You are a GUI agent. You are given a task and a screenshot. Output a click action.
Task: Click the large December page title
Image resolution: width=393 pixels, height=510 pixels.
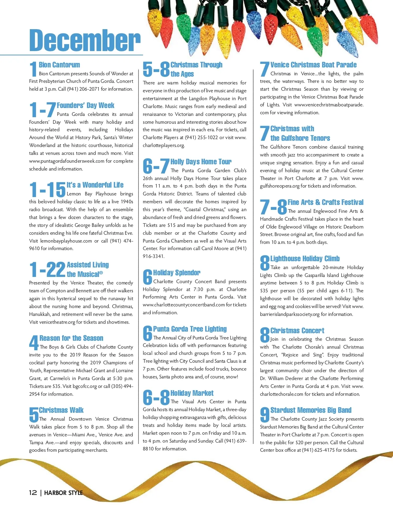pos(85,40)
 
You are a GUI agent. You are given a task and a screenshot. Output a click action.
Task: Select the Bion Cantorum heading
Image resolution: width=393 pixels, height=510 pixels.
pos(59,65)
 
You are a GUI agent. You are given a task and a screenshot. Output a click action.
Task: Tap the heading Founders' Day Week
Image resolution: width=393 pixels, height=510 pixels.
pos(85,105)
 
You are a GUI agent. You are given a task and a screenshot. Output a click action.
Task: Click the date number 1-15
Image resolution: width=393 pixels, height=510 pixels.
pos(47,190)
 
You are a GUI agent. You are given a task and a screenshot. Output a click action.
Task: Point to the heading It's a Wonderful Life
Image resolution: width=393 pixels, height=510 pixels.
pos(95,185)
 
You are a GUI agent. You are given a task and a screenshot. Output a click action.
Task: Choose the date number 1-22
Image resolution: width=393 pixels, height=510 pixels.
pos(47,269)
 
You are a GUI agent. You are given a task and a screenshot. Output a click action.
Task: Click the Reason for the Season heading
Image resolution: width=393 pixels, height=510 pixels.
pos(71,338)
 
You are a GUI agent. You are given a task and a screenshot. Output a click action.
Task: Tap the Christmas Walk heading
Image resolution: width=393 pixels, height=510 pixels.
pos(61,410)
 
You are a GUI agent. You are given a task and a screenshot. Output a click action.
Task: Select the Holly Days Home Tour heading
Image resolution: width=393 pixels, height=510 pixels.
pos(201,162)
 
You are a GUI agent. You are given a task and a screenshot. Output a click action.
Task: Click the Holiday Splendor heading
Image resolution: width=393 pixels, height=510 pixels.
pos(177,273)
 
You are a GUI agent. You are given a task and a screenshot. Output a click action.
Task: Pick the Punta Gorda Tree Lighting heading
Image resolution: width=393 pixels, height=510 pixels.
pos(190,329)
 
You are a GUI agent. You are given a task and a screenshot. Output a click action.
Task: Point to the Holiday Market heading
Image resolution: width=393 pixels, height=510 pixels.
pos(192,393)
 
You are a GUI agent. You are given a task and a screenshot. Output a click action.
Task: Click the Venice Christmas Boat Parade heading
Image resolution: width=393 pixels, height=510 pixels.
pos(313,65)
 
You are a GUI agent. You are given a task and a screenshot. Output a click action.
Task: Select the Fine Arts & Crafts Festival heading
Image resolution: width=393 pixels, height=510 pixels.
pos(326,202)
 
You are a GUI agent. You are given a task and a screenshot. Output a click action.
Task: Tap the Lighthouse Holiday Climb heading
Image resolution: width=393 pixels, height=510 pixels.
pos(305,259)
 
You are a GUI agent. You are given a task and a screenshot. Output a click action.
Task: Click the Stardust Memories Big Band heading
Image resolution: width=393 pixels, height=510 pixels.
pos(311,410)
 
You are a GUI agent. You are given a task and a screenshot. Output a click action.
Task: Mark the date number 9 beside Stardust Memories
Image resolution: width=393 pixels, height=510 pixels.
pos(264,415)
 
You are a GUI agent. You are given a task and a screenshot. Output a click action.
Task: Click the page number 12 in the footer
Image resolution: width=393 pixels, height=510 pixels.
pos(33,493)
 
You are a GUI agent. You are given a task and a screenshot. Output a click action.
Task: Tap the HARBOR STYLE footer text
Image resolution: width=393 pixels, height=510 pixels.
pos(63,493)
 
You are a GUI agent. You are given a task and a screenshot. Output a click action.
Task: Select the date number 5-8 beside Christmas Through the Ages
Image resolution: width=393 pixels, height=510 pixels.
pos(156,69)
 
